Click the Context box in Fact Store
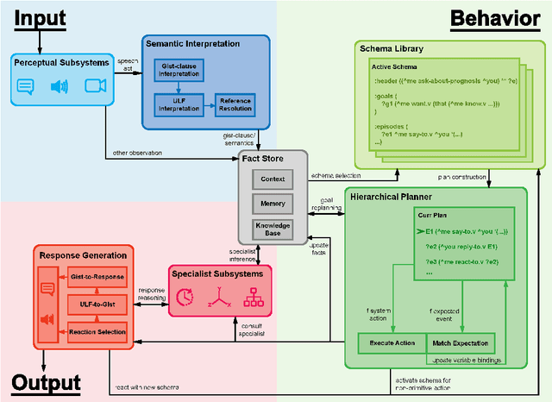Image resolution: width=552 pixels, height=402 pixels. [273, 179]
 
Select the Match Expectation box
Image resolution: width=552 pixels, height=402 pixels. [461, 342]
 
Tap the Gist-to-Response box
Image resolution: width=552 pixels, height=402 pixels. [97, 276]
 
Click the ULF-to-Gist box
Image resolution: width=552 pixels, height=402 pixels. [97, 304]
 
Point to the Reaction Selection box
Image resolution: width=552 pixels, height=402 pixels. [97, 332]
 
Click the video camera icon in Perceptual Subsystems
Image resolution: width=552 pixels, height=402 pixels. [93, 85]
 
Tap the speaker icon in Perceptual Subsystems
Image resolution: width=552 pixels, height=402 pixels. [59, 85]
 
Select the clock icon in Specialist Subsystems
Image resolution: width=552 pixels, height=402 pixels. [185, 296]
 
